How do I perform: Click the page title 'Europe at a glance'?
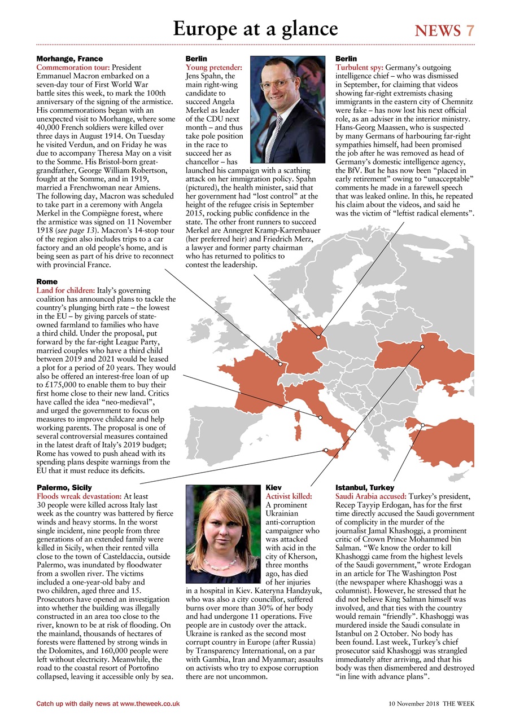coord(255,28)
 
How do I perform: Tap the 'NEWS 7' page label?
coord(444,30)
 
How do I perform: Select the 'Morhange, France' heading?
coord(69,59)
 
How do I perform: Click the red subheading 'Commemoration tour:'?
coord(73,67)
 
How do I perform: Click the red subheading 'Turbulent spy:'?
coord(360,67)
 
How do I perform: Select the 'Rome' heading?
coord(47,281)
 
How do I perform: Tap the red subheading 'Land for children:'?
coord(65,290)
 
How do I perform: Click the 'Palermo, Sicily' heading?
coord(64,487)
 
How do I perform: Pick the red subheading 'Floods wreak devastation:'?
coord(78,496)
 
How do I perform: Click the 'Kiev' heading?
coord(273,487)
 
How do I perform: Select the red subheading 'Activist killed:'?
coord(289,496)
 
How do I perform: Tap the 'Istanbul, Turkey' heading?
coord(365,487)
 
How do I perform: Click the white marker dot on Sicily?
coord(326,450)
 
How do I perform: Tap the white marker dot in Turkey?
coord(423,425)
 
